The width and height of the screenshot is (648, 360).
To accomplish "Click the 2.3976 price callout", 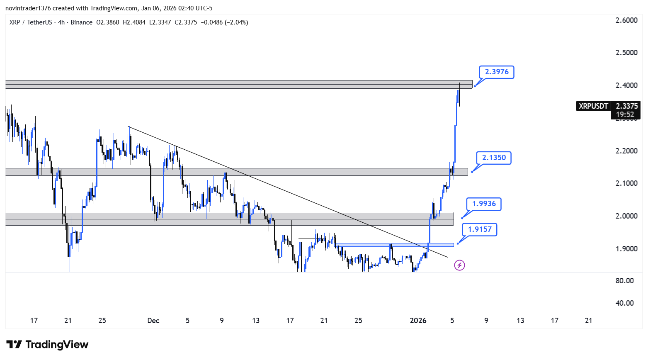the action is pos(496,72).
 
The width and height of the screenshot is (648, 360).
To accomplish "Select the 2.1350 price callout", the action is pos(494,158).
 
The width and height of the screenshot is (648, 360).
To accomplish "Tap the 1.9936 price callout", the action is pos(484,204).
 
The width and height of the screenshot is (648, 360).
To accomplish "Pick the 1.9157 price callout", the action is pos(479,230).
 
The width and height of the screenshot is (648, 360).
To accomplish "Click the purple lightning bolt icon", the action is pos(459,265).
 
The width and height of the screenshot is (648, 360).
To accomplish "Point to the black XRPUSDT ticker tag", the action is pos(593,106).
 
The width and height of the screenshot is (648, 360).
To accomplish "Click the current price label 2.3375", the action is pos(626,106).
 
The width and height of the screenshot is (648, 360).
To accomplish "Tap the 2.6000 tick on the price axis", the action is pos(626,20).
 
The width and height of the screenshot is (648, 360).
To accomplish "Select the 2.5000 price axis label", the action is pos(626,53).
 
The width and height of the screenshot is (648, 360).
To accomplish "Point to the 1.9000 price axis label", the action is pos(626,249).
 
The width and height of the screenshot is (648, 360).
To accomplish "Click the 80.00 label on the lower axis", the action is pos(624,281).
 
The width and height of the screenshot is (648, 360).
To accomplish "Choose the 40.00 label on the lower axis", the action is pos(624,303).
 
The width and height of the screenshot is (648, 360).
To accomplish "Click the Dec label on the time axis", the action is pos(153,321).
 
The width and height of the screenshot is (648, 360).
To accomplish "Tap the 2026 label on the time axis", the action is pos(418,321).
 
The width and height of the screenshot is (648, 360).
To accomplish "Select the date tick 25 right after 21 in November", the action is pos(102,321).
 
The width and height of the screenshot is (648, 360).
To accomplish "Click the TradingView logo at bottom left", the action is pos(47,344).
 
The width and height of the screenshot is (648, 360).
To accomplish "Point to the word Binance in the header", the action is pos(82,22).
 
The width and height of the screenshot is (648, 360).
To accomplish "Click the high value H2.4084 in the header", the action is pos(134,22).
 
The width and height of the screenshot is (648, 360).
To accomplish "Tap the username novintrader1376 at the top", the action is pos(28,8).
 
